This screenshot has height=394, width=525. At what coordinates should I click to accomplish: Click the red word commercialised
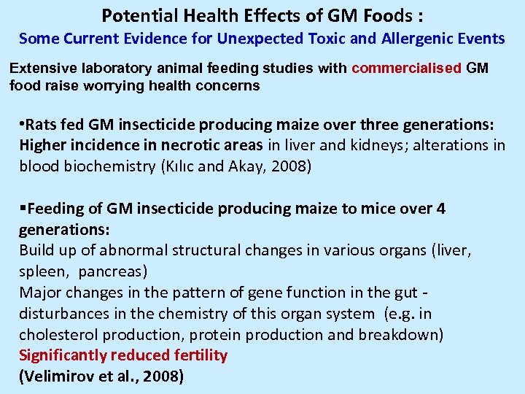406,69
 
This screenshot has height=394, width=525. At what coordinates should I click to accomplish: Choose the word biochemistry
105,166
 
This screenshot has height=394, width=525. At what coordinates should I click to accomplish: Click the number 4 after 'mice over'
440,209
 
